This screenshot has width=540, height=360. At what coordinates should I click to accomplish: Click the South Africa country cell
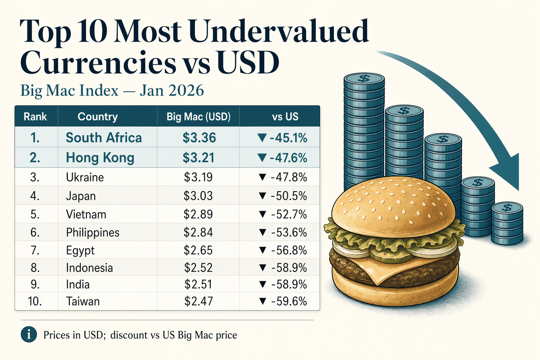click(104, 138)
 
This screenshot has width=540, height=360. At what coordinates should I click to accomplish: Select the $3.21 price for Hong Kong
click(198, 158)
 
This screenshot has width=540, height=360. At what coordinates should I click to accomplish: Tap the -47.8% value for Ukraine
click(282, 178)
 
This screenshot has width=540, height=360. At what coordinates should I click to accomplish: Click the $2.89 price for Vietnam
click(198, 214)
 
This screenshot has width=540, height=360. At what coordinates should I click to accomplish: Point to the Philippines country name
click(93, 232)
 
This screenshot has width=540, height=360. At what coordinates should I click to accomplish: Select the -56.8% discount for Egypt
click(282, 251)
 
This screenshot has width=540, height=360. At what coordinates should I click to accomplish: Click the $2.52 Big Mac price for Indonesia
click(198, 267)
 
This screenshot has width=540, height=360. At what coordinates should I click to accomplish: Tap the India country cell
click(78, 284)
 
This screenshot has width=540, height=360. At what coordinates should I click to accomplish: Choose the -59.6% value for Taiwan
click(282, 301)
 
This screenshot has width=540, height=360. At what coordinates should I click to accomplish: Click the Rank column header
click(35, 117)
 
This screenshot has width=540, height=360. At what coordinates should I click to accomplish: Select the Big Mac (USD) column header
click(199, 117)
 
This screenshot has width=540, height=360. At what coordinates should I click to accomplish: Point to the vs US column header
click(285, 117)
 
